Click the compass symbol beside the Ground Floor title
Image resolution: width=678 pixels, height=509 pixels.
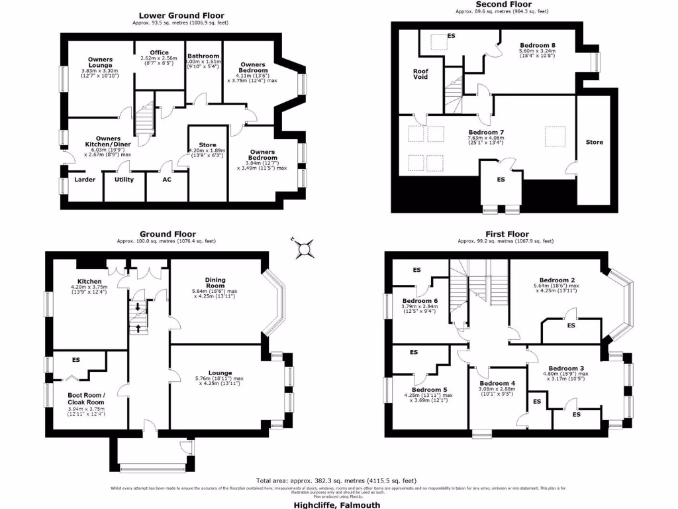[x=305, y=249]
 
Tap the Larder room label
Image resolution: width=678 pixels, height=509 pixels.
[x=84, y=180]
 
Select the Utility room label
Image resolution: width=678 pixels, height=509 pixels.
[x=124, y=180]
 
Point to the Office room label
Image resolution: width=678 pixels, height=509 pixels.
[x=159, y=52]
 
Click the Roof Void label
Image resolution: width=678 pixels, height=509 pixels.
[x=420, y=74]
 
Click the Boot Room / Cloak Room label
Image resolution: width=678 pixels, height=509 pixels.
[x=86, y=399]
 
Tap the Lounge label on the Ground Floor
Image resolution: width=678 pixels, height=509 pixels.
[x=208, y=372]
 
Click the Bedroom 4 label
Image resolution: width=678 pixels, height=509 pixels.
[x=497, y=384]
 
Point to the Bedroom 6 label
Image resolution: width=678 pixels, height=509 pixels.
[x=420, y=300]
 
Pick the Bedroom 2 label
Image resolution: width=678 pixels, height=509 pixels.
[x=556, y=280]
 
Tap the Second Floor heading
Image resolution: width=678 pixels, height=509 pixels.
[x=504, y=4]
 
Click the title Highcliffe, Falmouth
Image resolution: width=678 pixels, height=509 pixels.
[x=337, y=504]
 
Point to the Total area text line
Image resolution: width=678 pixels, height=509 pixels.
[x=336, y=481]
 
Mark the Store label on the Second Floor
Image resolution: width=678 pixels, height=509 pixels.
[x=595, y=142]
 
